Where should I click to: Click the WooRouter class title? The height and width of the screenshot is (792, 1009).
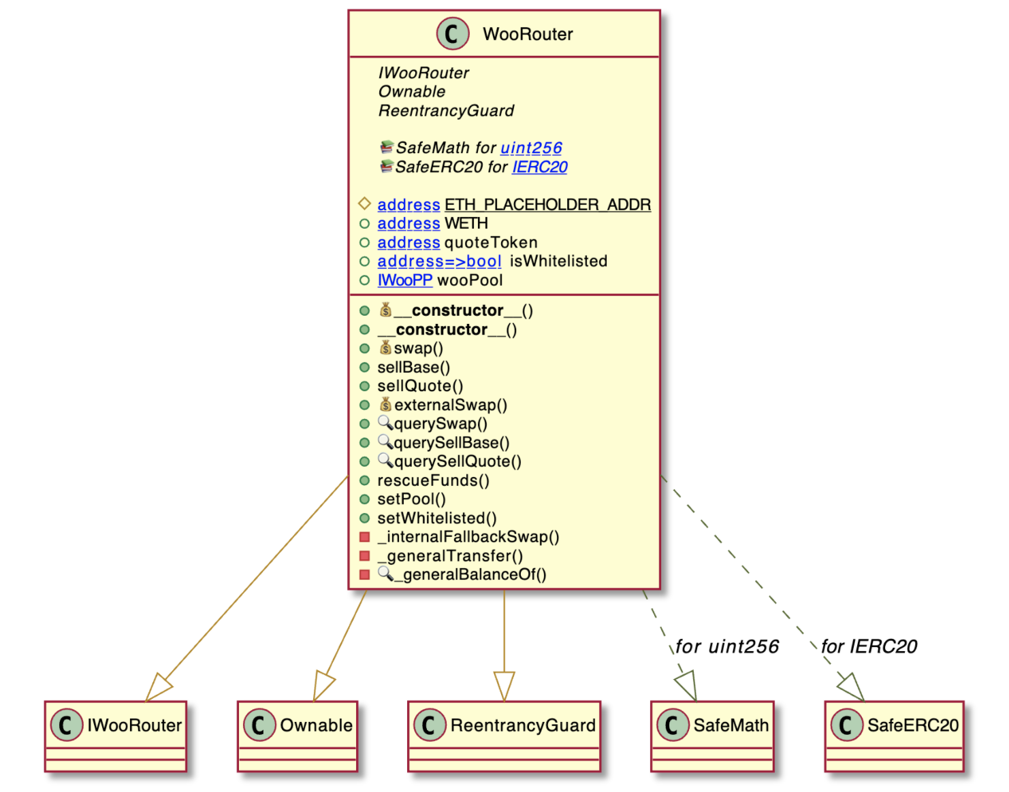pyautogui.click(x=528, y=34)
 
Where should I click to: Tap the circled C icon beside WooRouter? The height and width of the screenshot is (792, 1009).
pyautogui.click(x=453, y=34)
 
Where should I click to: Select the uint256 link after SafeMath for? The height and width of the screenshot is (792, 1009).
pyautogui.click(x=531, y=148)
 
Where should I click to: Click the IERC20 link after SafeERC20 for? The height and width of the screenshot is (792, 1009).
pyautogui.click(x=539, y=167)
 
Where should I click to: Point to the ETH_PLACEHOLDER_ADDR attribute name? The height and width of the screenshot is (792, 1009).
pyautogui.click(x=547, y=205)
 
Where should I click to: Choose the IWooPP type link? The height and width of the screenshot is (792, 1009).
pyautogui.click(x=404, y=280)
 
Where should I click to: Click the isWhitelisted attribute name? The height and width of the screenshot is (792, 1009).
pyautogui.click(x=558, y=261)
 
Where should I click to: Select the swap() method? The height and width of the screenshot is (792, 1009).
pyautogui.click(x=418, y=348)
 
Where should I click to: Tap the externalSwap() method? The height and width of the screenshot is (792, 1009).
pyautogui.click(x=451, y=406)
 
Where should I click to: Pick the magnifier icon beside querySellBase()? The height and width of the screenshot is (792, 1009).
pyautogui.click(x=385, y=442)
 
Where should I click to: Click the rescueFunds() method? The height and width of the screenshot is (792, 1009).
pyautogui.click(x=433, y=480)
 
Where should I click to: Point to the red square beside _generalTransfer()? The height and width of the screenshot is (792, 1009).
pyautogui.click(x=365, y=556)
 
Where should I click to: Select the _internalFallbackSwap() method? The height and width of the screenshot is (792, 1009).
pyautogui.click(x=468, y=537)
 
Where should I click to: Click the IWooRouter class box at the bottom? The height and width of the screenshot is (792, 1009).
pyautogui.click(x=115, y=735)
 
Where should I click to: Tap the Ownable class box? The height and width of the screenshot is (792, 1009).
pyautogui.click(x=297, y=735)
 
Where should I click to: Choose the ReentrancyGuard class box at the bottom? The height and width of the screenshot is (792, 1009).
pyautogui.click(x=504, y=735)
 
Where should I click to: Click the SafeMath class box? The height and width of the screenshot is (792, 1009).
pyautogui.click(x=712, y=735)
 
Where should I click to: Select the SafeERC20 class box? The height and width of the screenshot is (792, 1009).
pyautogui.click(x=894, y=735)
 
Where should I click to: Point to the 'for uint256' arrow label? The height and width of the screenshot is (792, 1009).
pyautogui.click(x=727, y=646)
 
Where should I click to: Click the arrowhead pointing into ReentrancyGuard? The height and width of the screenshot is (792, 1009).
pyautogui.click(x=504, y=686)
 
